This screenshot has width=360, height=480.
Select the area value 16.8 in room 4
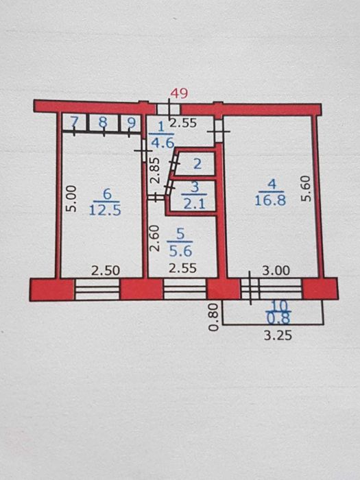[x=272, y=200]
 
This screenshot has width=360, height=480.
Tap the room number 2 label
[x=197, y=164]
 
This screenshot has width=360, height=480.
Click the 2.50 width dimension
[x=106, y=270]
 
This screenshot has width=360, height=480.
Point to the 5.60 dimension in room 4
[x=306, y=187]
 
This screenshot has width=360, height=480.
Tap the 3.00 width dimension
[x=274, y=270]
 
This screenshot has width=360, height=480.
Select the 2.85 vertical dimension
[x=155, y=171]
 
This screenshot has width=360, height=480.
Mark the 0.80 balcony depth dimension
[x=214, y=315]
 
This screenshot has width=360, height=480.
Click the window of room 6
[x=97, y=289]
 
